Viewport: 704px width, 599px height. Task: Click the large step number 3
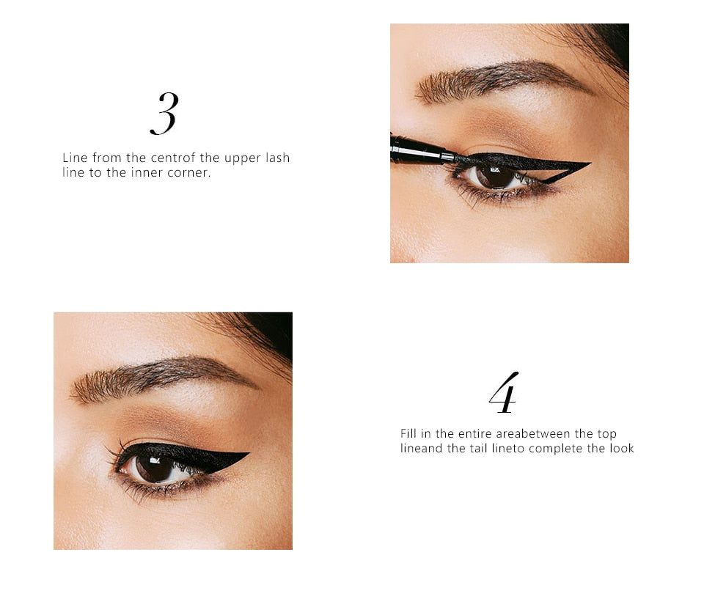click(x=164, y=114)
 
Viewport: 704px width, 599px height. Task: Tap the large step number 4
click(x=504, y=393)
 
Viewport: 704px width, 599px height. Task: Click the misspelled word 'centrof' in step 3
click(x=175, y=158)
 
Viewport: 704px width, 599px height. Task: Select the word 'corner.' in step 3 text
click(x=190, y=174)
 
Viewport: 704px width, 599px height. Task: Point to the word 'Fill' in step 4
click(x=408, y=434)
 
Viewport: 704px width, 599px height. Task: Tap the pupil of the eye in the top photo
click(x=494, y=176)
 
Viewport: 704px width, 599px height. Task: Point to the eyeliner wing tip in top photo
click(x=587, y=163)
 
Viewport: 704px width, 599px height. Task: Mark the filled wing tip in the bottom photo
click(x=246, y=454)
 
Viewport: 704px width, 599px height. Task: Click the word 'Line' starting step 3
click(x=74, y=158)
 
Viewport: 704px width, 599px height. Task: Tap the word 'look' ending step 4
click(x=622, y=449)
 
